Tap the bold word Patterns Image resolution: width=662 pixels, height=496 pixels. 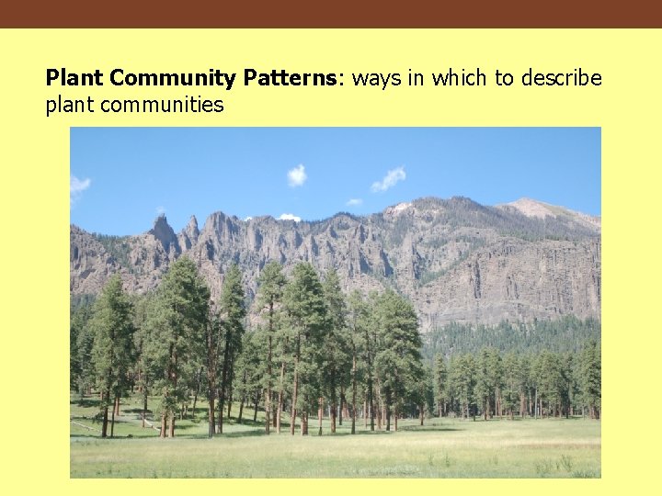point(292,79)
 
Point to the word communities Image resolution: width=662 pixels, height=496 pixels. point(162,105)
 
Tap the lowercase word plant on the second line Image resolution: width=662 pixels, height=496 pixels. point(70,105)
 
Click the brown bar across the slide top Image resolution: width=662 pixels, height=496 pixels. point(331,14)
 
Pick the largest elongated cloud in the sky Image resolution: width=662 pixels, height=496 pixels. point(388,179)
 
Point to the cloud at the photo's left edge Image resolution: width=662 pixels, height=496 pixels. point(78,186)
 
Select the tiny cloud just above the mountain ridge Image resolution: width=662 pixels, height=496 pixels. point(354,201)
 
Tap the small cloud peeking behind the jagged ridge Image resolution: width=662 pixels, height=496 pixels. point(290,218)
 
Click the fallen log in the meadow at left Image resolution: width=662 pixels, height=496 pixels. point(85,423)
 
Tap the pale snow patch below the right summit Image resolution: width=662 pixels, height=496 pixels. point(398,210)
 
